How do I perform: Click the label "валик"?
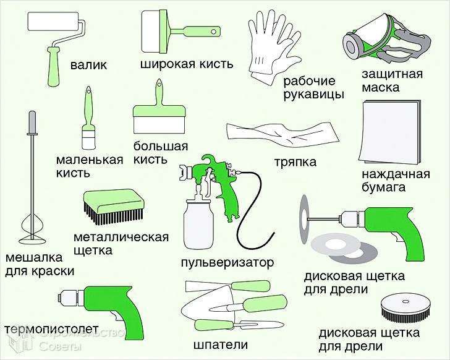[x=88, y=64]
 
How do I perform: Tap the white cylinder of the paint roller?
[x=54, y=24]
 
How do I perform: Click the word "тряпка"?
[x=295, y=162]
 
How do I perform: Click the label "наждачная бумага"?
[x=396, y=180]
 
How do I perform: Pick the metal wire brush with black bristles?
[x=114, y=208]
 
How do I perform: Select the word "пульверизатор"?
[x=227, y=262]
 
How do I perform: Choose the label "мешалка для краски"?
[x=40, y=264]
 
